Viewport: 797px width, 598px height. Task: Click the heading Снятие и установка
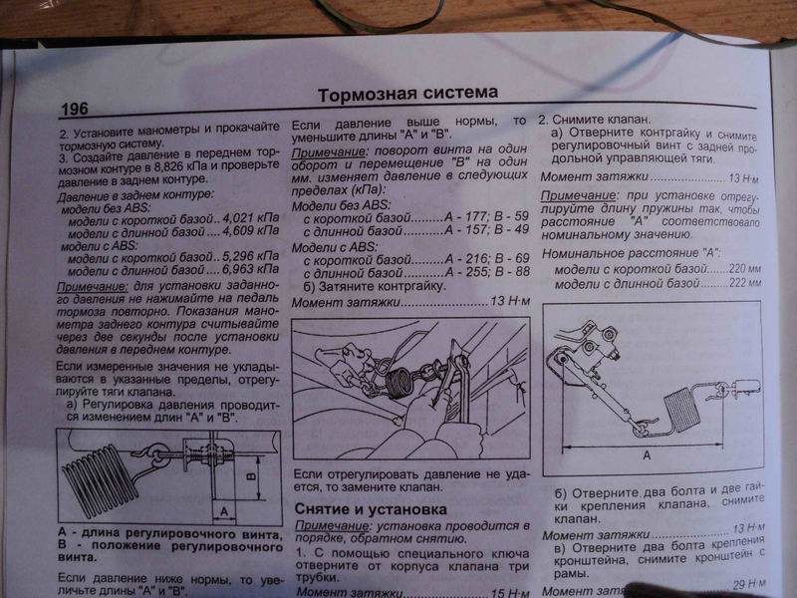tap(363, 509)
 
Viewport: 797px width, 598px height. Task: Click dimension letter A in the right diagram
tap(647, 453)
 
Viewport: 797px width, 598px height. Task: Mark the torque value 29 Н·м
tap(745, 585)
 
